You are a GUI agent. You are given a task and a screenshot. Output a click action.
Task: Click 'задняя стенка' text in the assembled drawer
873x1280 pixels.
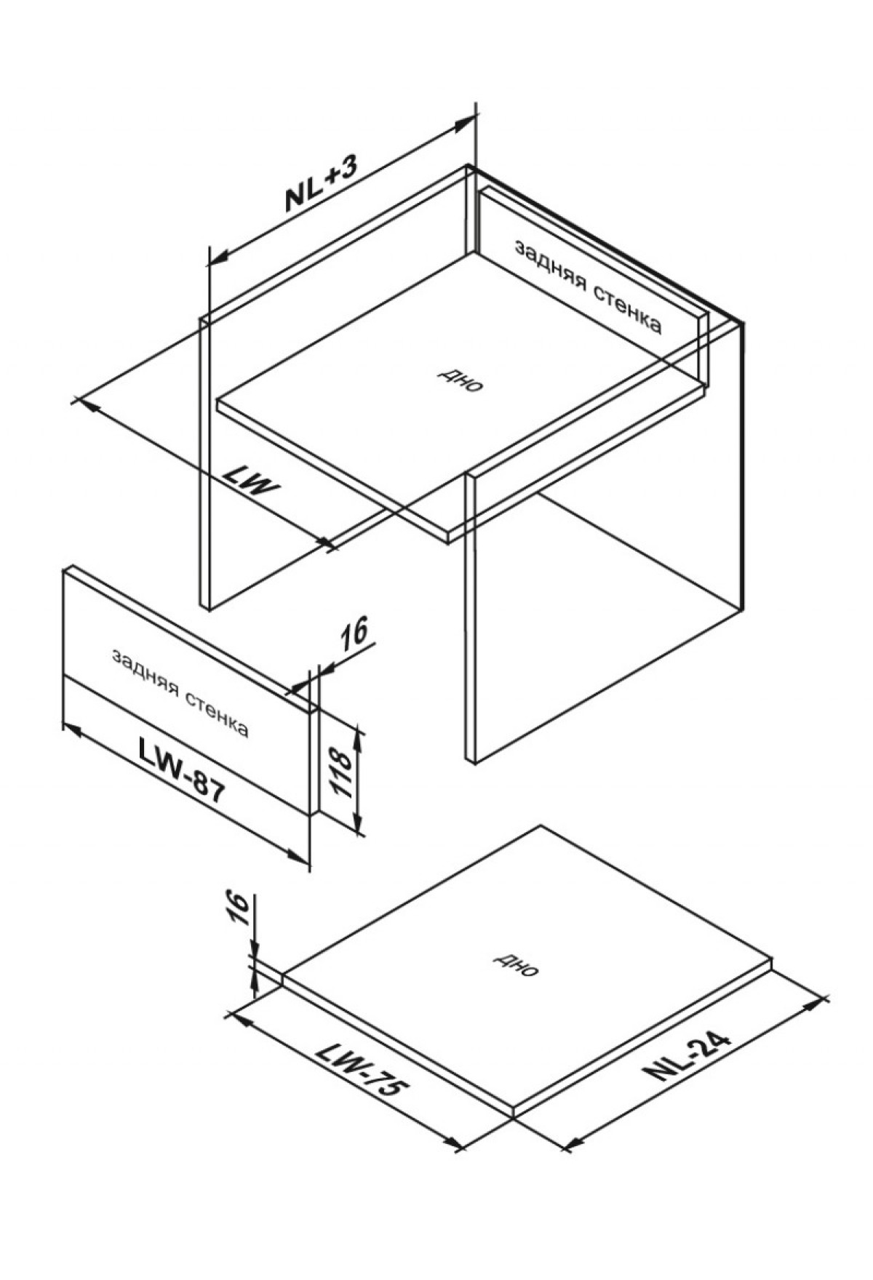pos(588,287)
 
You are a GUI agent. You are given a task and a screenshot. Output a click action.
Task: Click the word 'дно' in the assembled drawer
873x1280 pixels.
pos(460,379)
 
